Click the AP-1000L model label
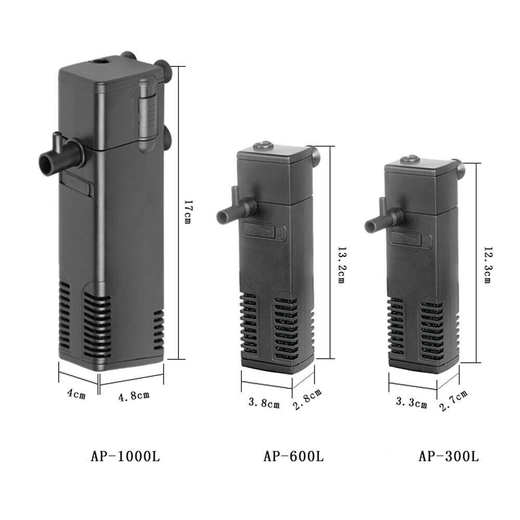tap(125, 457)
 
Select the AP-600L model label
tap(293, 457)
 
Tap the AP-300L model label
tap(449, 457)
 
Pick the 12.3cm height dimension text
tap(487, 265)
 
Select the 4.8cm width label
tap(134, 396)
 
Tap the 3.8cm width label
tap(264, 402)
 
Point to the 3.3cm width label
tap(411, 402)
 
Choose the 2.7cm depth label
tap(454, 400)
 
